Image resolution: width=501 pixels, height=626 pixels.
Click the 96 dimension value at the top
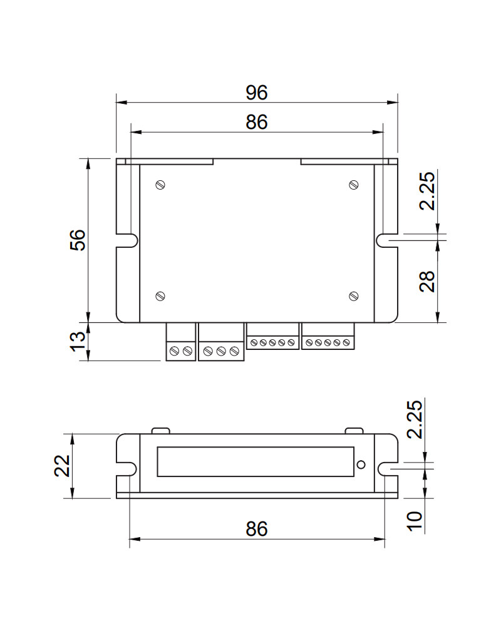pyautogui.click(x=256, y=92)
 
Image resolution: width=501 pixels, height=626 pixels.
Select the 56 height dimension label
pyautogui.click(x=78, y=240)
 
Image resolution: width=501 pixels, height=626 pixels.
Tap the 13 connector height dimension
pyautogui.click(x=78, y=342)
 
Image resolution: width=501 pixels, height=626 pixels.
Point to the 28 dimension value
pyautogui.click(x=427, y=282)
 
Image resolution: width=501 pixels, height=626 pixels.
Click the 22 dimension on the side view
pyautogui.click(x=63, y=466)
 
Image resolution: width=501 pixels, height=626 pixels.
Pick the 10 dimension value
pyautogui.click(x=415, y=521)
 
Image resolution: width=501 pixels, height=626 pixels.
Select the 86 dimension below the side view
pyautogui.click(x=257, y=528)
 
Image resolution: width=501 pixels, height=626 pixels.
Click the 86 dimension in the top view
pyautogui.click(x=257, y=122)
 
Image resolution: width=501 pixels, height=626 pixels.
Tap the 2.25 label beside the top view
pyautogui.click(x=427, y=191)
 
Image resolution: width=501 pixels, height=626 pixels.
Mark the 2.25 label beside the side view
pyautogui.click(x=415, y=419)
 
